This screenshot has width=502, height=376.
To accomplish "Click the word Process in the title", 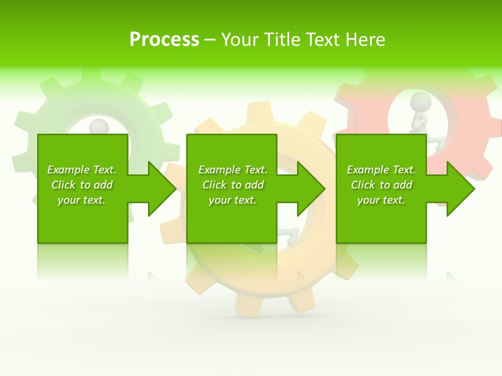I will point(164,40).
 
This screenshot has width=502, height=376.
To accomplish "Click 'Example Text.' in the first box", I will point(82,170).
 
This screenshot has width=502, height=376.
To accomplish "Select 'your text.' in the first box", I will point(82,200).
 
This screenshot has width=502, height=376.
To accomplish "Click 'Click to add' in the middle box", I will point(233,185).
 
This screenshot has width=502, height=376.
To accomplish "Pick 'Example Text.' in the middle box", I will point(233,170).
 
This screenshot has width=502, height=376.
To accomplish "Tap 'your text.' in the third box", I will point(381,200).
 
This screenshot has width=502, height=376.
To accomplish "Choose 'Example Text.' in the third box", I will point(381,170).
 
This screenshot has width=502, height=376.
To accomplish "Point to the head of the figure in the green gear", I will point(98,126).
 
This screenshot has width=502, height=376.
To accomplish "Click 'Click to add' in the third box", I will point(381,185).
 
